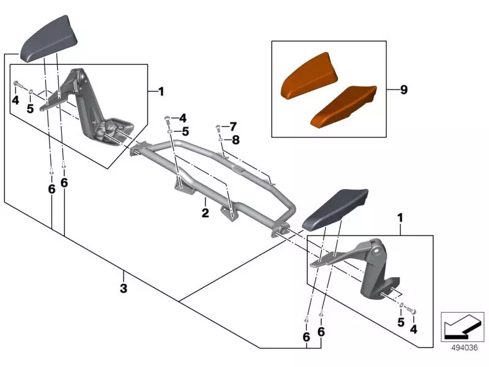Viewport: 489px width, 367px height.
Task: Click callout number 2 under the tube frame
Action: pos(205,213)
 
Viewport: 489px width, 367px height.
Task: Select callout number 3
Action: pos(123,288)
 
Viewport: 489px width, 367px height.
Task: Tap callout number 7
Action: pos(233,127)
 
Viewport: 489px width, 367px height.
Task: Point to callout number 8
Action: pos(236,139)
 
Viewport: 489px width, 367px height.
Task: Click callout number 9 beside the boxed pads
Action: pos(403,90)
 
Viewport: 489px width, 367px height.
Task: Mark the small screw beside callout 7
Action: pos(218,127)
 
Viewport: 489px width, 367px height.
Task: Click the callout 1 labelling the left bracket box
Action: pos(161,92)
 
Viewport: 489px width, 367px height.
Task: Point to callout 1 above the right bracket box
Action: pos(400,218)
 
